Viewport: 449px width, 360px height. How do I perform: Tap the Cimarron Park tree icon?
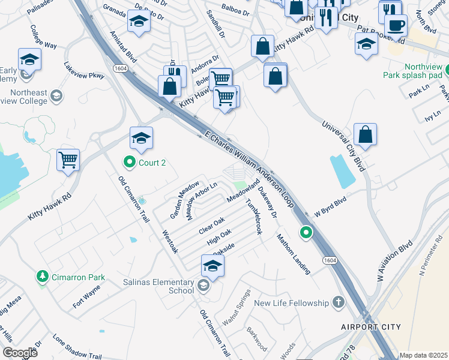click(x=43, y=277)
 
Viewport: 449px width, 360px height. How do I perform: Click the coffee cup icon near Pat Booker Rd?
click(x=396, y=26)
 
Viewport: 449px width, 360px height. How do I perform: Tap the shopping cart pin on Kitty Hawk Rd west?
click(x=68, y=160)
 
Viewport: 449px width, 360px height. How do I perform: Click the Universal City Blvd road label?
click(x=343, y=146)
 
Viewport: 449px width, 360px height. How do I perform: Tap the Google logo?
click(x=20, y=353)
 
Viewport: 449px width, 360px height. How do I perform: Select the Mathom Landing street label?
click(x=294, y=253)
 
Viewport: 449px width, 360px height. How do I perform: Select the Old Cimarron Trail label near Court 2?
click(x=133, y=199)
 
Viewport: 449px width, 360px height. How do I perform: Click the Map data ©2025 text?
click(x=423, y=355)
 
